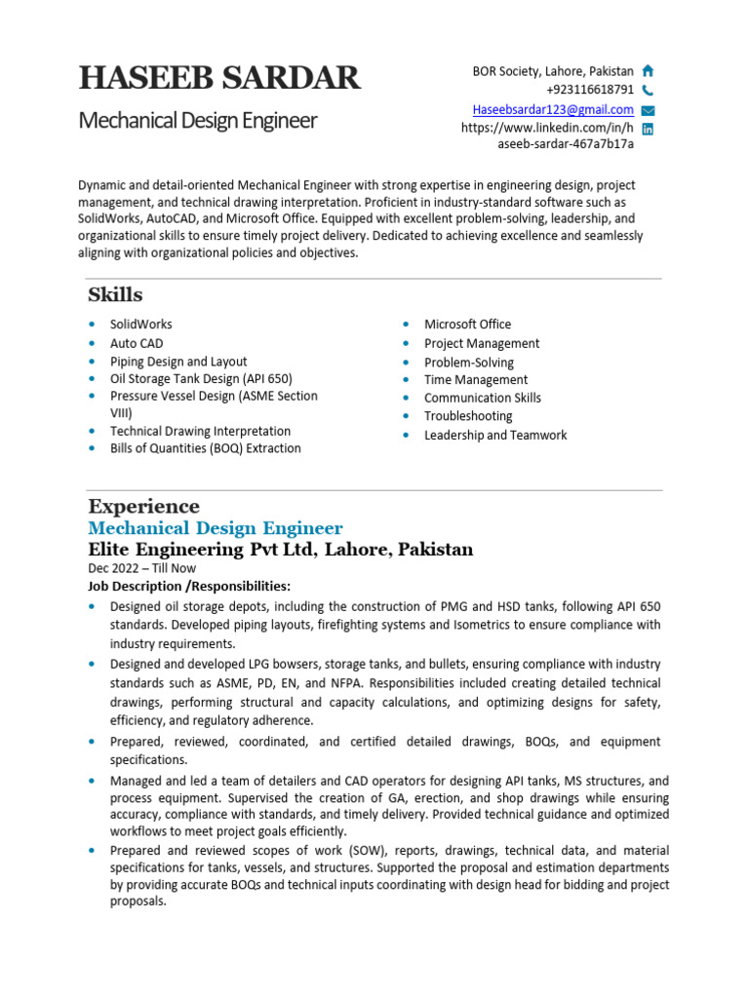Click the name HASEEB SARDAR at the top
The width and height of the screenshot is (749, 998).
[x=219, y=78]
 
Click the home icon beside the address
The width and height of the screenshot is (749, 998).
[x=648, y=71]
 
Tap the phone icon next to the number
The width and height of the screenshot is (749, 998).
[x=648, y=91]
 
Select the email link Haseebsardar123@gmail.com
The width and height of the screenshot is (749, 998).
[x=553, y=109]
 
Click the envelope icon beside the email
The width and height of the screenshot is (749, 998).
[x=648, y=110]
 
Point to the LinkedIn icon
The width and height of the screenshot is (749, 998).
[x=648, y=129]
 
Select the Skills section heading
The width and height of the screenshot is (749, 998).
[x=115, y=294]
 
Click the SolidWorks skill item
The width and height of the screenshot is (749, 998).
[x=141, y=324]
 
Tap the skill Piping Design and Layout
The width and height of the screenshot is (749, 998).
[x=178, y=361]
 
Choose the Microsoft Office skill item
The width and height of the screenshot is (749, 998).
[x=467, y=324]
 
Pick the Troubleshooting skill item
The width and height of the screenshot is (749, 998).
[x=468, y=416]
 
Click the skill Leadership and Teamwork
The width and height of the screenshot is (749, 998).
[x=495, y=435]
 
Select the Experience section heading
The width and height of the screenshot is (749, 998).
[x=143, y=506]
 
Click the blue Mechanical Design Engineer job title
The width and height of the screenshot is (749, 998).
[x=216, y=528]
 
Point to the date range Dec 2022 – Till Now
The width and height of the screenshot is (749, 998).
[x=141, y=568]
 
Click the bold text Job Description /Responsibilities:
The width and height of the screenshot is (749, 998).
[x=189, y=586]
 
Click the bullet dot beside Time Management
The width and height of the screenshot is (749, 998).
[x=406, y=380]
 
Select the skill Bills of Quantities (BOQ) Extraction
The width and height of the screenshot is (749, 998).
[x=206, y=448]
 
